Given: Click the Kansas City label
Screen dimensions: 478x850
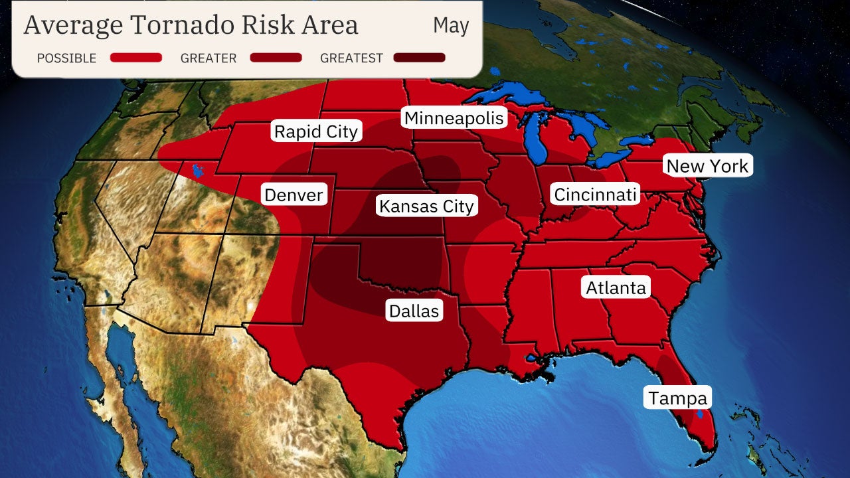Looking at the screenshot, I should [426, 206].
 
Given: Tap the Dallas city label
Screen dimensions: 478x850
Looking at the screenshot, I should [414, 311].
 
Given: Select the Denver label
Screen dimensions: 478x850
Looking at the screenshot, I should [294, 195].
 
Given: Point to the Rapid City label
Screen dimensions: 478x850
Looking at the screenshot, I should [316, 131].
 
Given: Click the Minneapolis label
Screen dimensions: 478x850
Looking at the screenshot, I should [455, 118].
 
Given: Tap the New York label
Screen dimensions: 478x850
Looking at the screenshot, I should [707, 166].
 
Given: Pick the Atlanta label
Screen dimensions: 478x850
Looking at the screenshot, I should [616, 287].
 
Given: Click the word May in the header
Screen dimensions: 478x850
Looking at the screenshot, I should [451, 26].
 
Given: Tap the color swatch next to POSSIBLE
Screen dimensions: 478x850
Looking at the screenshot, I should [136, 58].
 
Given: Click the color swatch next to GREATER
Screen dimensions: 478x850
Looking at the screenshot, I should [276, 58].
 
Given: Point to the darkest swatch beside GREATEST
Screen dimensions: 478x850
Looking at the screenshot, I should [419, 58].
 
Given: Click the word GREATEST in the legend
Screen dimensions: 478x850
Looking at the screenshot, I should [351, 58].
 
